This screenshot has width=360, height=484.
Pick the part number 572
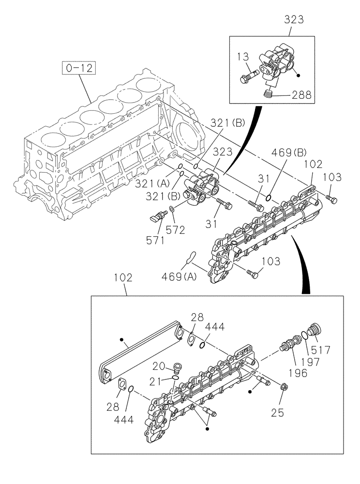(x=175, y=230)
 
